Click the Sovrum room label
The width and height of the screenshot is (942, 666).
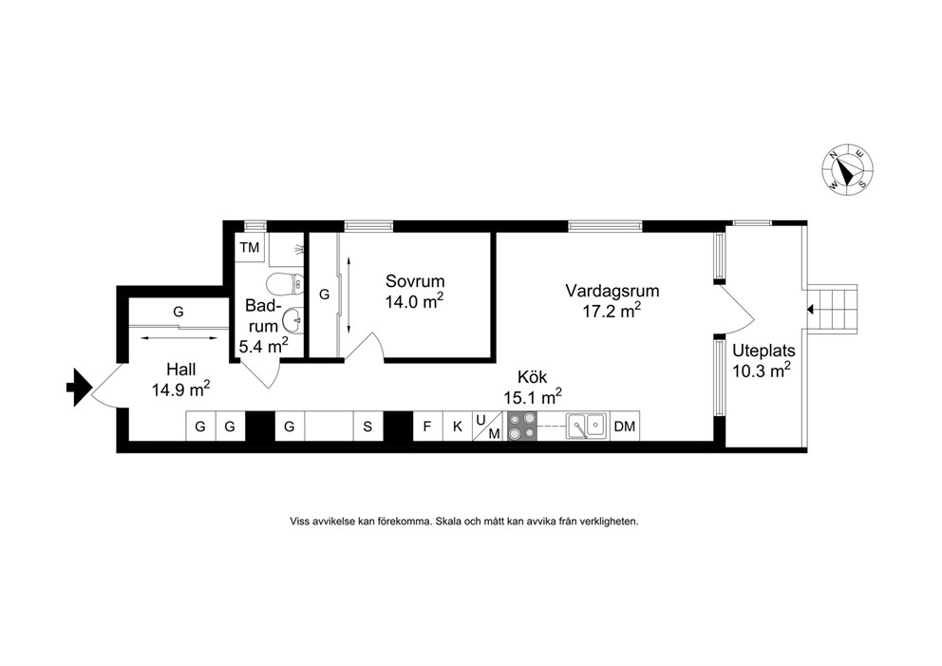coord(415,280)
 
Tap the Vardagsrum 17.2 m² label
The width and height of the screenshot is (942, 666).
coord(612,300)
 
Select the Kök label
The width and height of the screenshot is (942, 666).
coord(533,377)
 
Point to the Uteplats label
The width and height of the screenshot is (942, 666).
coord(763,351)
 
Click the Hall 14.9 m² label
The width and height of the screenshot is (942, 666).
coord(180,380)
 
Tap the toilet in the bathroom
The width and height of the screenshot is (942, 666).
coord(285,283)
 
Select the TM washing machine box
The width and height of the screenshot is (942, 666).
coord(250,247)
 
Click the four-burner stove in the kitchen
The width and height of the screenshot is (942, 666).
coord(521,426)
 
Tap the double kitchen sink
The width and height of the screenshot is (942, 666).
coord(586,427)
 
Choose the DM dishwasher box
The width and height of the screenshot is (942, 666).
coord(625,427)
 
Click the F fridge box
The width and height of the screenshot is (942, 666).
coord(427,427)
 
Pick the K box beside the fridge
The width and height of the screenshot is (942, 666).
coord(458,427)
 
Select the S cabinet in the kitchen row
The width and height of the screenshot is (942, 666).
coord(367,427)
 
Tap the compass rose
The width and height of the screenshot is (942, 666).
coord(848,169)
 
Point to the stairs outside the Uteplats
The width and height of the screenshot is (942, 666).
coord(832,309)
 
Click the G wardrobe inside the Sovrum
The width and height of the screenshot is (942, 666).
coord(324,295)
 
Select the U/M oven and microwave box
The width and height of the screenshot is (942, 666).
coord(488,427)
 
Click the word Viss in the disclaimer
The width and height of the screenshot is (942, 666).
coord(300,522)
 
